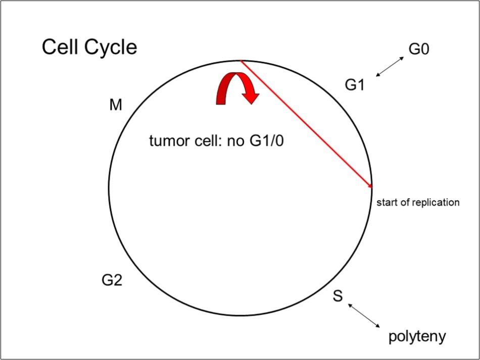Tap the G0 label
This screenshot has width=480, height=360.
coord(418,49)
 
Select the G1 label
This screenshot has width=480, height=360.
coord(355,85)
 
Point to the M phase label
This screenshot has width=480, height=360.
coord(116,106)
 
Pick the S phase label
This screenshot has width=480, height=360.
coord(338,296)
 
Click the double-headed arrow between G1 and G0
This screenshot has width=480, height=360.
coord(390,67)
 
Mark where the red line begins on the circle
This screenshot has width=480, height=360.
coord(241,61)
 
